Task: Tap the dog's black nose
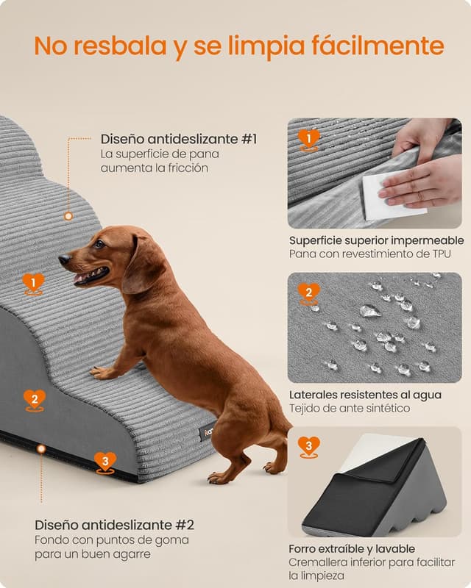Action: click(x=64, y=259)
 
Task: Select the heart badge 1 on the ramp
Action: click(x=33, y=283)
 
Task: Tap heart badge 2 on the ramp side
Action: click(x=34, y=399)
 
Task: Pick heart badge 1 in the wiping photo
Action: click(x=309, y=139)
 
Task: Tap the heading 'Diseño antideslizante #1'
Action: click(x=179, y=139)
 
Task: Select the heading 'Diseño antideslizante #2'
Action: click(x=114, y=525)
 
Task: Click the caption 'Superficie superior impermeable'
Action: click(x=376, y=240)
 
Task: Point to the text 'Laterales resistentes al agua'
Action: click(x=365, y=395)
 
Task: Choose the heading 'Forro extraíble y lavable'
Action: click(x=352, y=548)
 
